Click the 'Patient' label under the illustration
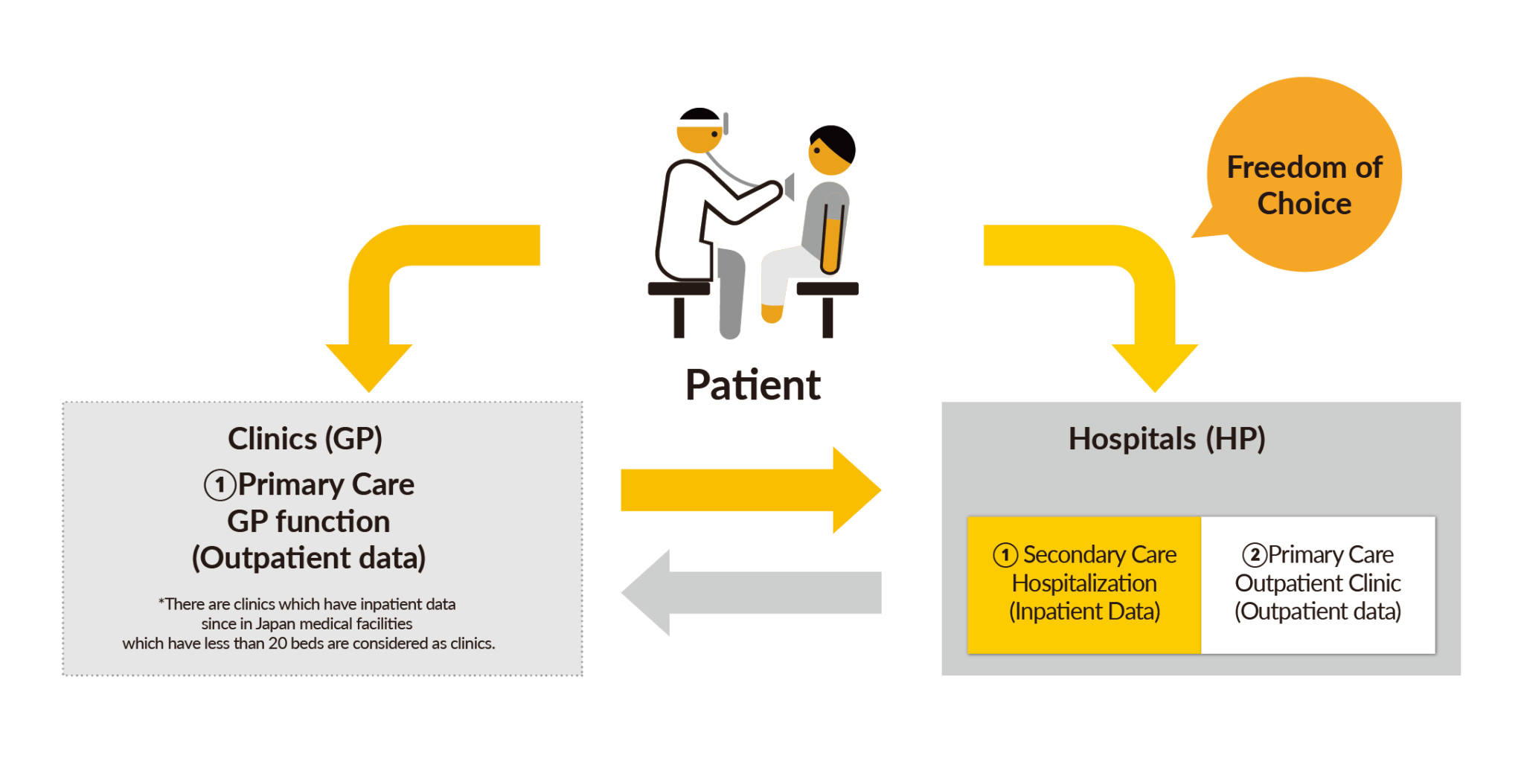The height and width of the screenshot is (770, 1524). (x=752, y=385)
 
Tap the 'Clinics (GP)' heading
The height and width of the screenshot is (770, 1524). (x=305, y=439)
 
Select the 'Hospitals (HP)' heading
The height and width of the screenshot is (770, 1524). (x=1166, y=439)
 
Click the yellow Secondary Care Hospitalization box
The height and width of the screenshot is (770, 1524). (x=1084, y=585)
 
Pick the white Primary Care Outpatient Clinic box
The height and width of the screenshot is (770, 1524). (x=1318, y=585)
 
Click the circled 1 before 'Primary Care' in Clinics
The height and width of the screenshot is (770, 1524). (x=220, y=486)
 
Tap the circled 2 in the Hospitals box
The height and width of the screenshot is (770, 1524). (x=1255, y=555)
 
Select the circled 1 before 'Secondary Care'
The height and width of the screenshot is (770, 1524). (x=1005, y=555)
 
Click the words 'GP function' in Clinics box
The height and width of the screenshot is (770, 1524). (x=308, y=522)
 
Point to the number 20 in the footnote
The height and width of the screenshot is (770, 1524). (x=278, y=644)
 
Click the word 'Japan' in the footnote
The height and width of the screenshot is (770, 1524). (x=276, y=624)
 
